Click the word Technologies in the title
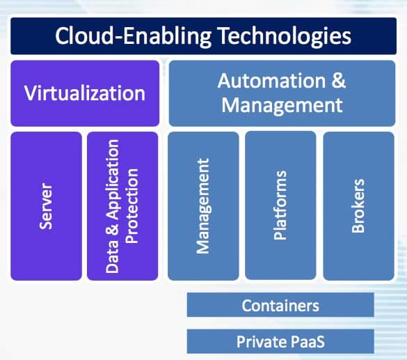pyautogui.click(x=284, y=36)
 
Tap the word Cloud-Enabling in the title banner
pyautogui.click(x=133, y=36)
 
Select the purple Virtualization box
pyautogui.click(x=85, y=93)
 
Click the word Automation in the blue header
pyautogui.click(x=271, y=81)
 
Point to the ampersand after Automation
pyautogui.click(x=339, y=81)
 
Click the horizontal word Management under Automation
pyautogui.click(x=282, y=105)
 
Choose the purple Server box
pyautogui.click(x=46, y=206)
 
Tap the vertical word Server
pyautogui.click(x=46, y=206)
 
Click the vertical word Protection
pyautogui.click(x=132, y=206)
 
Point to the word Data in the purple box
pyautogui.click(x=112, y=257)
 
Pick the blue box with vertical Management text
pyautogui.click(x=203, y=206)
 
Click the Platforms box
pyautogui.click(x=280, y=205)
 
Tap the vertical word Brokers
pyautogui.click(x=358, y=205)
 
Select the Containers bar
pyautogui.click(x=280, y=305)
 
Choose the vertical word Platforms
pyautogui.click(x=280, y=205)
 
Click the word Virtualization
pyautogui.click(x=85, y=93)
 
